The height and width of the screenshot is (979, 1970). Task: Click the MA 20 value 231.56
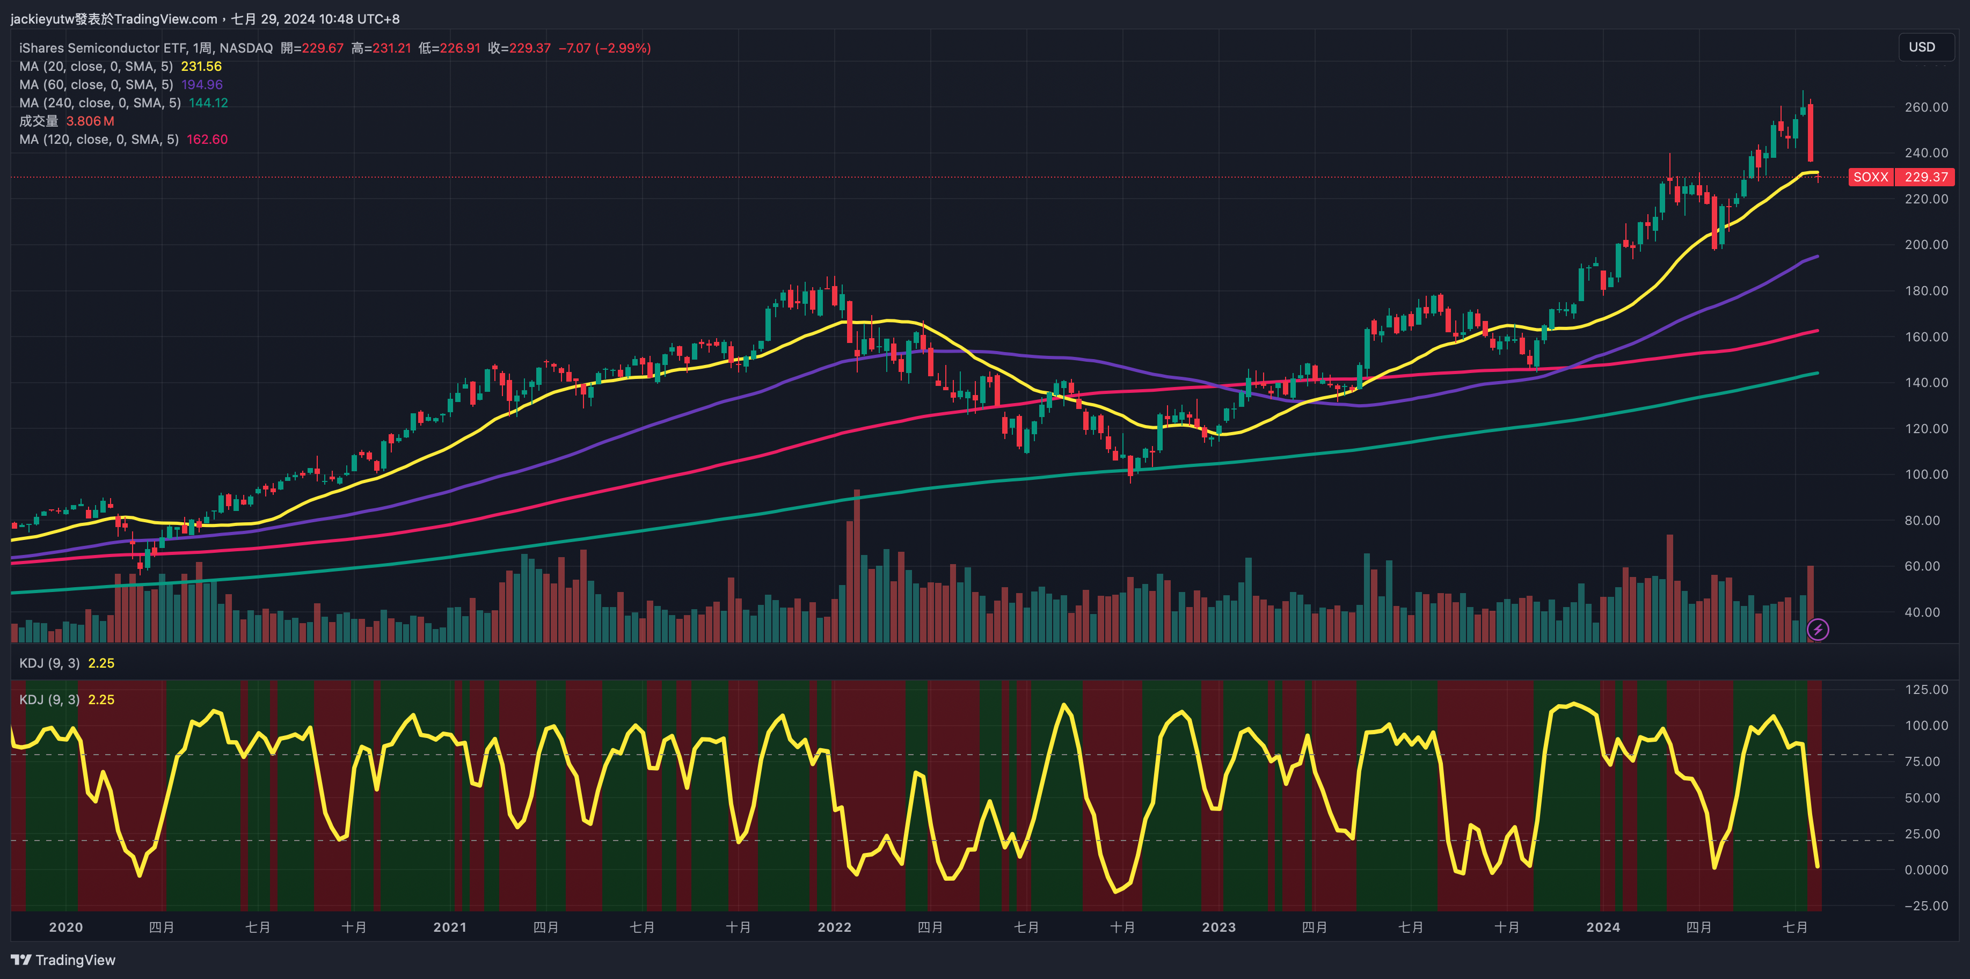coord(201,67)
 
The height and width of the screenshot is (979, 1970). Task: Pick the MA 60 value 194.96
coord(202,85)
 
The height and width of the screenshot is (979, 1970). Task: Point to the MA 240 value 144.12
coord(208,103)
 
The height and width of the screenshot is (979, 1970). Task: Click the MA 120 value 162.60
coord(207,139)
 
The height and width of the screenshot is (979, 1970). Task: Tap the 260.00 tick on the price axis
coord(1925,107)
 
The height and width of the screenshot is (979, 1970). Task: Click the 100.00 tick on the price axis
coord(1925,474)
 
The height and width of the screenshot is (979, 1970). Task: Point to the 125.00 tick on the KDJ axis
coord(1925,689)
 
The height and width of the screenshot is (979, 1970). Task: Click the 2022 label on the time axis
coord(834,927)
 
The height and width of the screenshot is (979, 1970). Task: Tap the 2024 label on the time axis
coord(1603,927)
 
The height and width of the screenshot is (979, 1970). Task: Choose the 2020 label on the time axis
coord(66,927)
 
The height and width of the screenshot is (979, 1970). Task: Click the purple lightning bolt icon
coord(1818,630)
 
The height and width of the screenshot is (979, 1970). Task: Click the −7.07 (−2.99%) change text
coord(604,48)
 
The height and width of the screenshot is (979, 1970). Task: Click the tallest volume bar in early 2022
coord(857,566)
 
